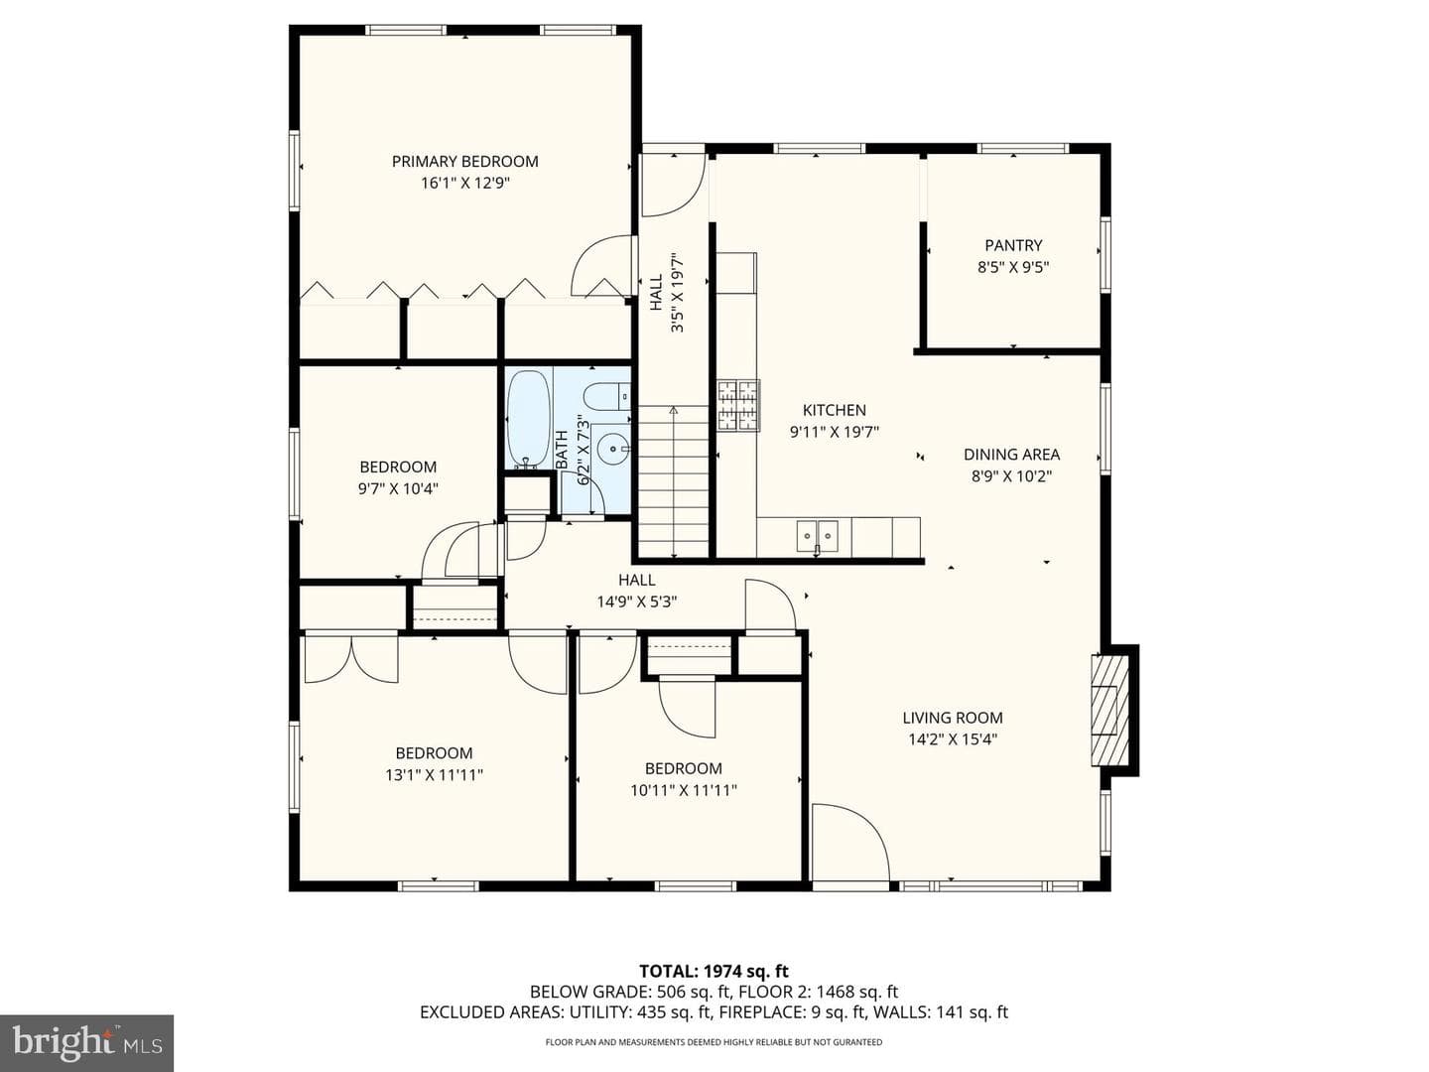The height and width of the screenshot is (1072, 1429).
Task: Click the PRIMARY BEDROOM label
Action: click(x=464, y=162)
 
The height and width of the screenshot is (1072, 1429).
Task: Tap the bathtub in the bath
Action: click(x=528, y=419)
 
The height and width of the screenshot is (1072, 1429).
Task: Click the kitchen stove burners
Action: click(x=738, y=405)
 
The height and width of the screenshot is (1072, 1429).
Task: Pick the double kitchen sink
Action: click(x=818, y=536)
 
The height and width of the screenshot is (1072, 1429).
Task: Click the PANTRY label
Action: click(x=1013, y=245)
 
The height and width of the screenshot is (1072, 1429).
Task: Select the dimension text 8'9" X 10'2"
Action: click(x=1011, y=476)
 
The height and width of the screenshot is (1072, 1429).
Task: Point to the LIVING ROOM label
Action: click(x=953, y=718)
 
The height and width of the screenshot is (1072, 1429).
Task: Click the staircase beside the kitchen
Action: click(x=673, y=481)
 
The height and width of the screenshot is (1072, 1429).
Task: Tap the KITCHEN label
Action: click(x=834, y=410)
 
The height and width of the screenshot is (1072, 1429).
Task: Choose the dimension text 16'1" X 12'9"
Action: click(x=464, y=183)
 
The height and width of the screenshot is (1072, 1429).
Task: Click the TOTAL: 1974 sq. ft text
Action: click(x=714, y=972)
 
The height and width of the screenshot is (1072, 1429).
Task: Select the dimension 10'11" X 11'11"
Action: click(x=684, y=790)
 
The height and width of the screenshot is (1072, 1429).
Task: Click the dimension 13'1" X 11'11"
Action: click(x=435, y=775)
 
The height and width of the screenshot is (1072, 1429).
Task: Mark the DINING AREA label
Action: click(x=1011, y=455)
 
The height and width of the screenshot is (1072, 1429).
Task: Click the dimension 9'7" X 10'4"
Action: click(x=398, y=488)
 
